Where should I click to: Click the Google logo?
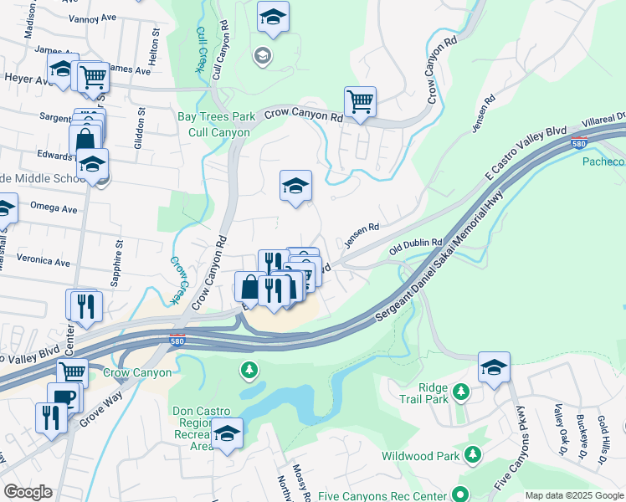click(27, 492)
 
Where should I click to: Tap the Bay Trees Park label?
click(214, 118)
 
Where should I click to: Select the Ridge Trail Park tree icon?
click(460, 392)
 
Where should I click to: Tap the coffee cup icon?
click(62, 397)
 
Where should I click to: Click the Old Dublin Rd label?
click(416, 243)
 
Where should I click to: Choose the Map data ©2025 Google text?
click(574, 495)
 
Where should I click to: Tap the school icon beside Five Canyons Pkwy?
click(494, 367)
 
